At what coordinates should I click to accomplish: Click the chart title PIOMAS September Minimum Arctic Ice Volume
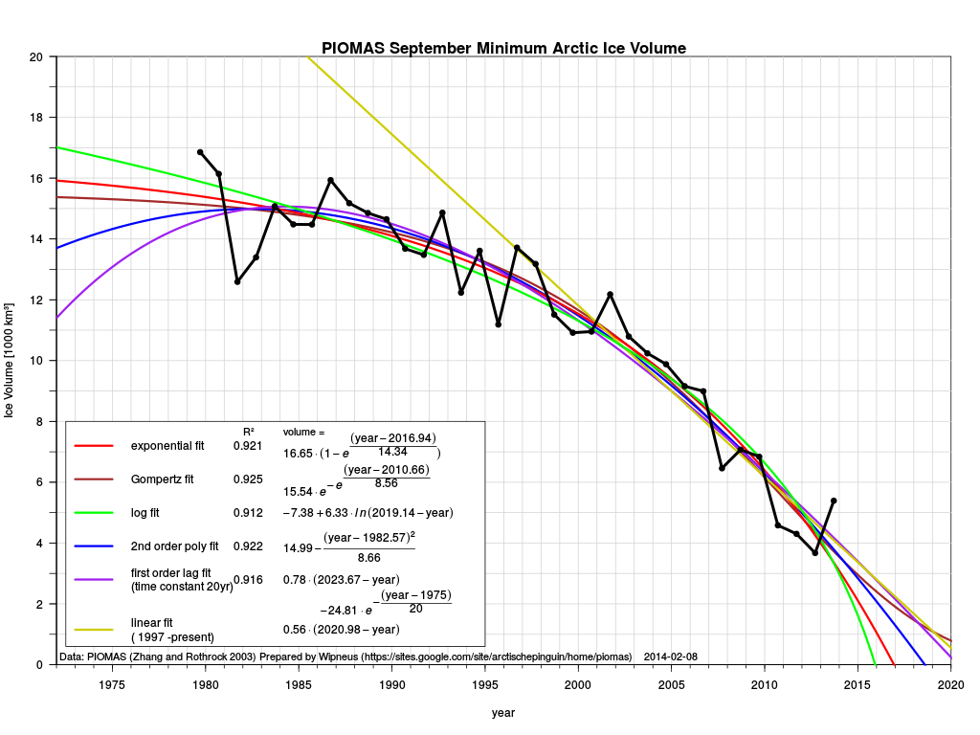pos(503,48)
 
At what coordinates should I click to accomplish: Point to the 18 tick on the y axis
pos(37,118)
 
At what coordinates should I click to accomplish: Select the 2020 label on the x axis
pos(950,684)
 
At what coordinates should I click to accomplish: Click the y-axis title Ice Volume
pos(10,361)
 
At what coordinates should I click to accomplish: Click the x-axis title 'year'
pos(503,713)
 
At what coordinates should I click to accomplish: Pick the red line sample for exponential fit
pos(93,446)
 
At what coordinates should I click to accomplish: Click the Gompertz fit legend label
pos(163,479)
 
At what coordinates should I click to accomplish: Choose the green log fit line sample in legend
pos(93,513)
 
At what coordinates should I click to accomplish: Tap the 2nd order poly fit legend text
pos(175,546)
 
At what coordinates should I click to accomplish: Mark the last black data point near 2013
pos(834,501)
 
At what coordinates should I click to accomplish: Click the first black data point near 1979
pos(200,152)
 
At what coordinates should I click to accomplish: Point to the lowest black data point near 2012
pos(815,553)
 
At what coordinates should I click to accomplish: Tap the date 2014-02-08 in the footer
pos(670,657)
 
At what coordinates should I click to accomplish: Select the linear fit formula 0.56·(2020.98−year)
pos(342,630)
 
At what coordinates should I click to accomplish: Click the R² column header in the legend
pos(249,432)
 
